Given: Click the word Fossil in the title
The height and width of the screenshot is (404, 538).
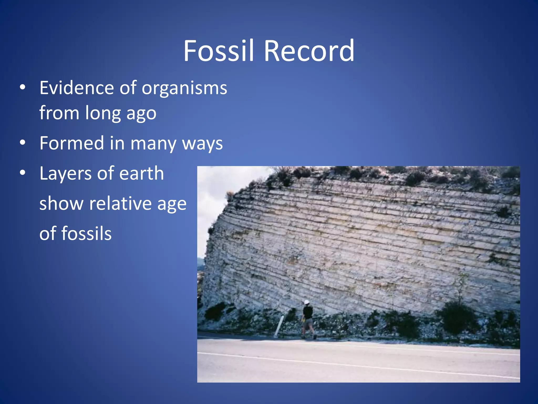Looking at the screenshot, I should point(219,50).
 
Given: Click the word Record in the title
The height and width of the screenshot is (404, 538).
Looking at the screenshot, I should point(309,50).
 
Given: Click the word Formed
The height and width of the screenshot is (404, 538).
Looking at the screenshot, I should point(72,143).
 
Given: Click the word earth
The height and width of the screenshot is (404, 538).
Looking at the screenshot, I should point(142,173).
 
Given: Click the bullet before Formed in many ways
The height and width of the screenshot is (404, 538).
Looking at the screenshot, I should point(23,143).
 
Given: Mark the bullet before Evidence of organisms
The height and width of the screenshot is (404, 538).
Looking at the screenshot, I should point(23,87).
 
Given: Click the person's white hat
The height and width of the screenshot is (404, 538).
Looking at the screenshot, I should point(307,302).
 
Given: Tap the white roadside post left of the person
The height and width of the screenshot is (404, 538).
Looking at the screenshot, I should point(278,326).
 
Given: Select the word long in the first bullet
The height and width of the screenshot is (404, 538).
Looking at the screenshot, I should point(102,113).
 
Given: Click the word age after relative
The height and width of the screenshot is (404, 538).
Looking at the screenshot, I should point(172,204).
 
